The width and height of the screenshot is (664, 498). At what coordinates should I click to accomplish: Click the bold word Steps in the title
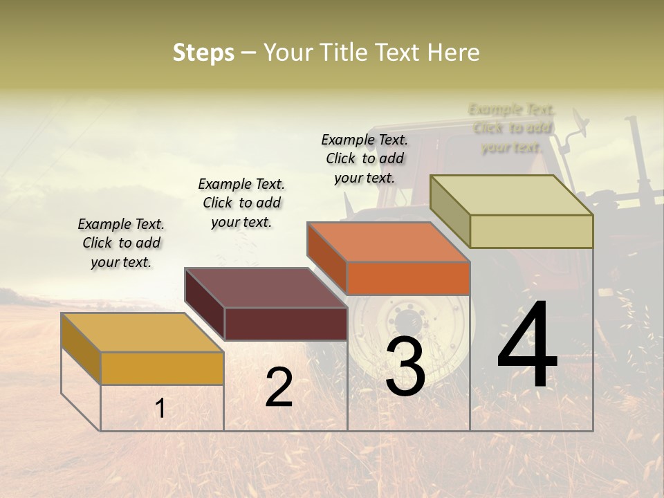[x=203, y=53]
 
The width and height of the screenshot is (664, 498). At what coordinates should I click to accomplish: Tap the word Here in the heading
[x=454, y=53]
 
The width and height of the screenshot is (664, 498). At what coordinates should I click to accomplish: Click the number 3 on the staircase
[x=405, y=367]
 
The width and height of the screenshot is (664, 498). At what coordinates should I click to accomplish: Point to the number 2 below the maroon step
[x=279, y=387]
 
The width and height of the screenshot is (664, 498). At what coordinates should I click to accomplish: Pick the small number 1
[x=160, y=409]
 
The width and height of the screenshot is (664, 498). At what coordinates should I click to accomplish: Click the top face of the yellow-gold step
[x=142, y=333]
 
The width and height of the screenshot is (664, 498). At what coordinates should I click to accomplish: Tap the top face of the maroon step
[x=266, y=288]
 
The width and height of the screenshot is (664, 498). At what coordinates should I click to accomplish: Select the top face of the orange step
[x=388, y=242]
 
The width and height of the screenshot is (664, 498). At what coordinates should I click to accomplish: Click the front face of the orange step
[x=408, y=278]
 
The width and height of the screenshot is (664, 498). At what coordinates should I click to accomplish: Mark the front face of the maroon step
[x=286, y=324]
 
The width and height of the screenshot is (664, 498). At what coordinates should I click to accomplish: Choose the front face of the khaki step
[x=531, y=231]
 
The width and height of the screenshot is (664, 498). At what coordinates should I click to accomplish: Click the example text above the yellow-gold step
[x=121, y=243]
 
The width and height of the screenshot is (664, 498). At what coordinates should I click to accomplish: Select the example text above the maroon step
[x=241, y=203]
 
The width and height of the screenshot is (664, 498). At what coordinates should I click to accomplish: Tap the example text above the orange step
[x=365, y=158]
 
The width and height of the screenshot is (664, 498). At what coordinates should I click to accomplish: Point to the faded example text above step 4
[x=512, y=128]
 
